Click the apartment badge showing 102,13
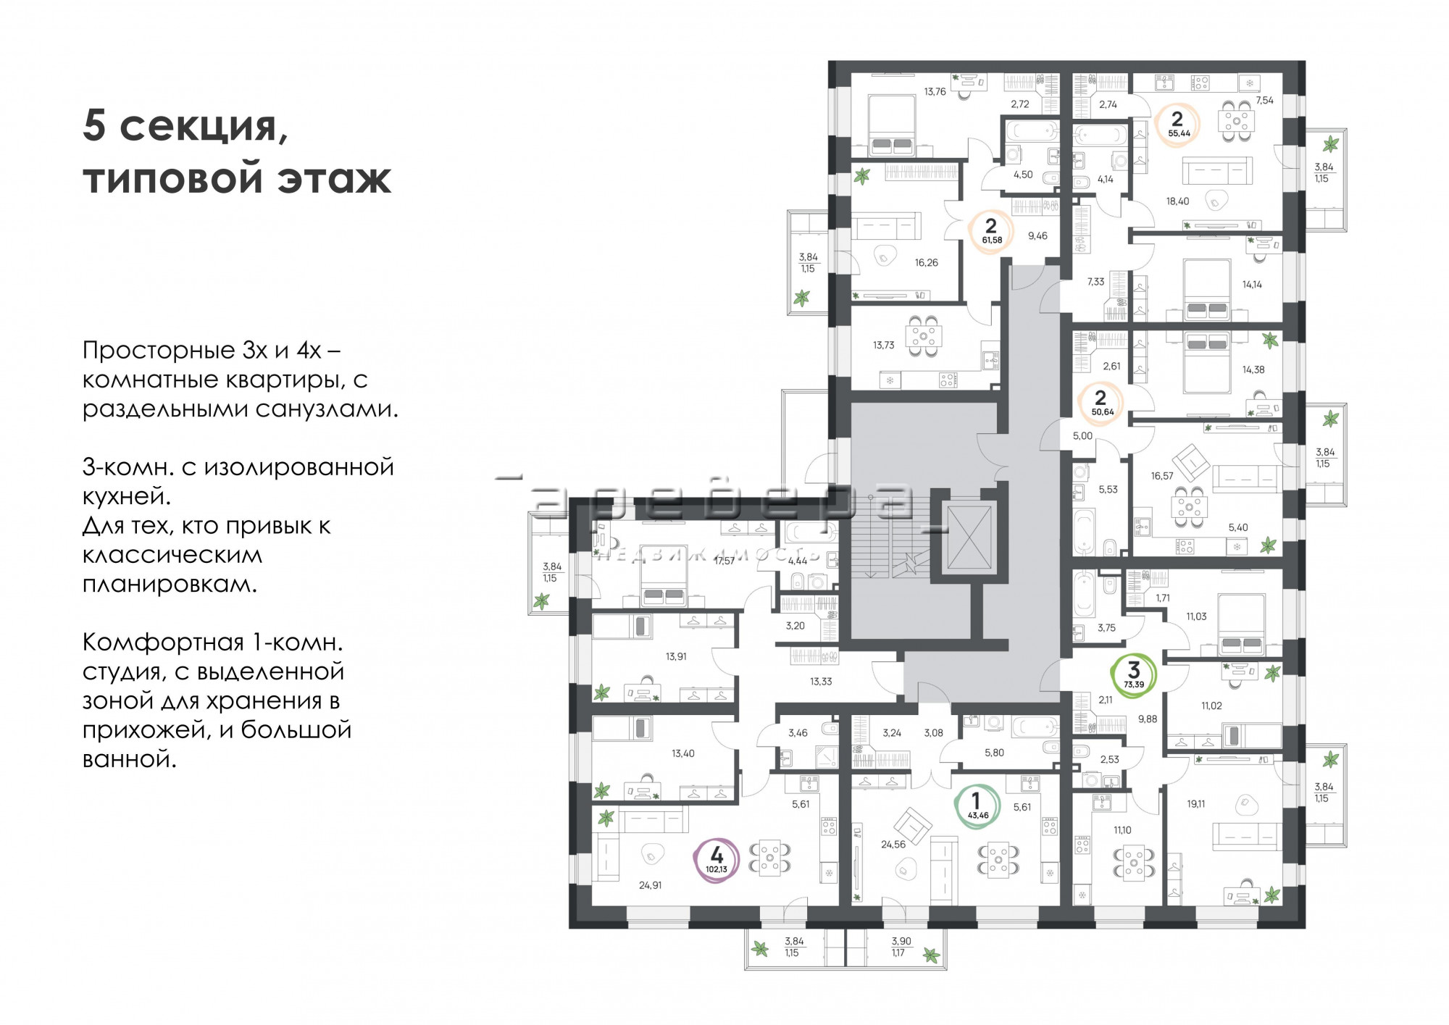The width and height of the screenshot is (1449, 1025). (x=717, y=860)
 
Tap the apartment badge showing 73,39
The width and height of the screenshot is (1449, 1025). (x=1134, y=675)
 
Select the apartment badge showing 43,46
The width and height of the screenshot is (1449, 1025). (x=977, y=806)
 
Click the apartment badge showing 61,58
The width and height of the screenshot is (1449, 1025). (x=992, y=231)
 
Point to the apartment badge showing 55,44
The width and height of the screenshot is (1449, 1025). (x=1178, y=125)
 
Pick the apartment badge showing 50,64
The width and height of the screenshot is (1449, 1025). (x=1101, y=403)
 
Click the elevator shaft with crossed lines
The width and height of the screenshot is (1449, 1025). (x=969, y=537)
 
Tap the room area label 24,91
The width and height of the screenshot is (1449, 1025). (x=650, y=885)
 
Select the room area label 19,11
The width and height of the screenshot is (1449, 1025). (x=1196, y=804)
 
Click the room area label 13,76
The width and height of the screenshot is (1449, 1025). (x=935, y=92)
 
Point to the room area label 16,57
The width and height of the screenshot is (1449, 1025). (x=1161, y=476)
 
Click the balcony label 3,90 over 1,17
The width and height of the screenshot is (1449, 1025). (x=901, y=947)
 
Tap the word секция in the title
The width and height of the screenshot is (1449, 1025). (x=203, y=127)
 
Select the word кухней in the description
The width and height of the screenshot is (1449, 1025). (x=126, y=497)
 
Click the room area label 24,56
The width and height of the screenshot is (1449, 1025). (x=893, y=845)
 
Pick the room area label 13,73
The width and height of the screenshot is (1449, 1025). (x=883, y=346)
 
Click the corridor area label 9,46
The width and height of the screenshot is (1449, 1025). (x=1037, y=236)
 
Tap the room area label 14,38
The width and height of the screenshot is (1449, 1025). (x=1253, y=369)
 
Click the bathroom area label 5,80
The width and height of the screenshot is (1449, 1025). (x=994, y=753)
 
